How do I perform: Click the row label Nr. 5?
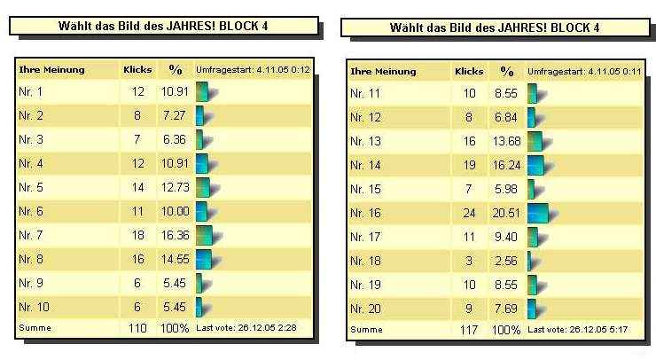click(31, 187)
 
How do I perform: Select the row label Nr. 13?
click(365, 141)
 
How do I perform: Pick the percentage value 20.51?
click(506, 213)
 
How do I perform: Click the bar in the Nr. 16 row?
click(537, 213)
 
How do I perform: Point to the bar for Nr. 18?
click(530, 260)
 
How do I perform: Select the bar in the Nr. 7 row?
click(205, 234)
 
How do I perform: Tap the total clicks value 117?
click(469, 330)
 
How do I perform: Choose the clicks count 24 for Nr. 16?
click(469, 213)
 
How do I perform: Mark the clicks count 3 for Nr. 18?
click(469, 260)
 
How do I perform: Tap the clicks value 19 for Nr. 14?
click(469, 165)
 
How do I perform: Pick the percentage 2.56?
click(506, 260)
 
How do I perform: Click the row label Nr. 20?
click(365, 307)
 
